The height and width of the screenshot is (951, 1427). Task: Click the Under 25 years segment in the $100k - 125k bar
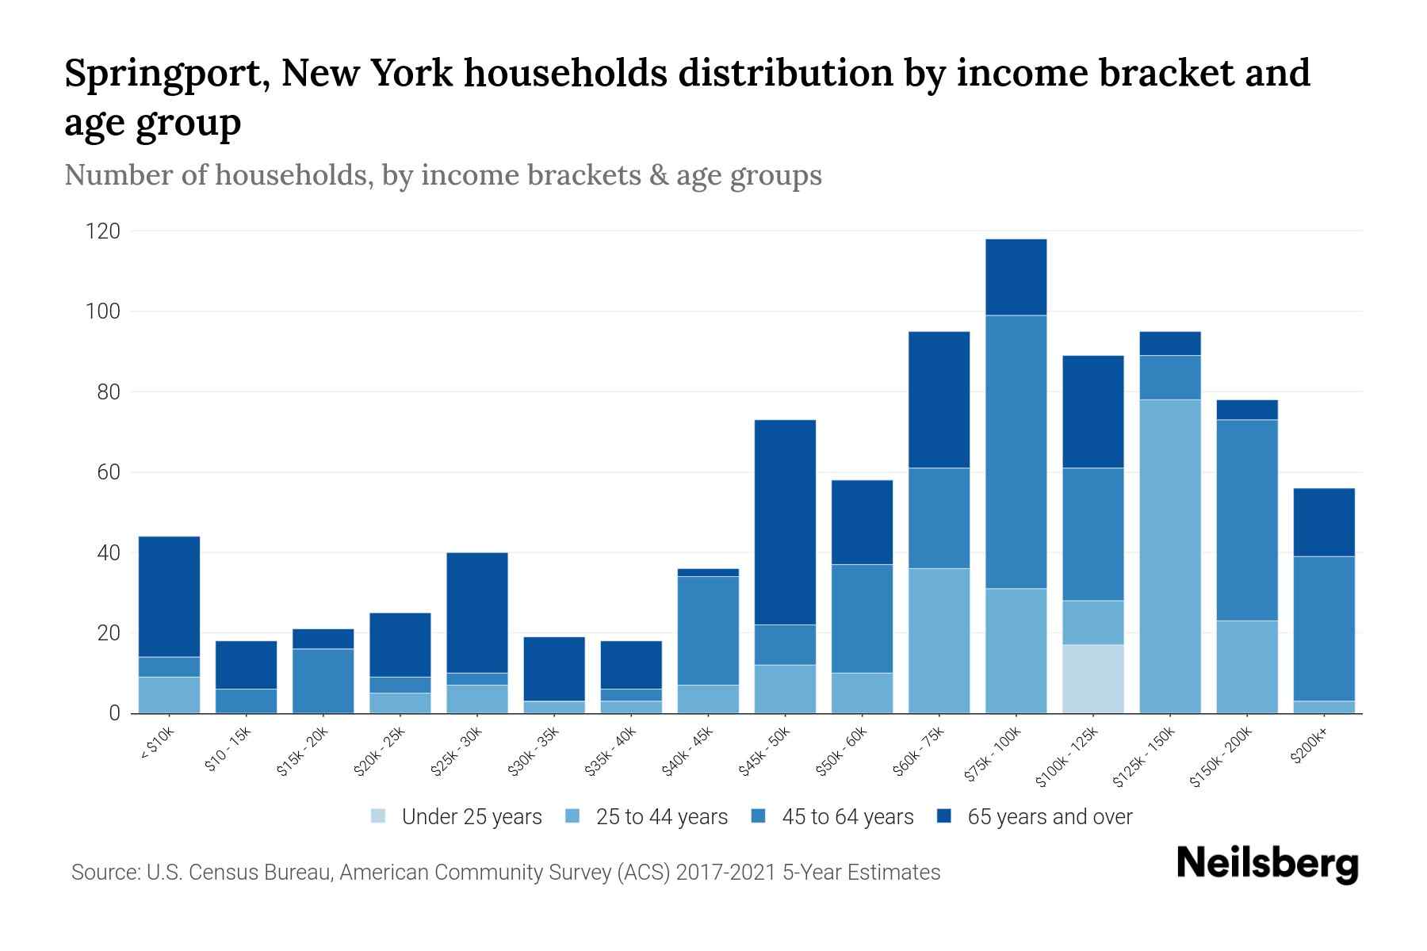1093,678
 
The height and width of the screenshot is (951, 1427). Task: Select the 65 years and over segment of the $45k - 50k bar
785,522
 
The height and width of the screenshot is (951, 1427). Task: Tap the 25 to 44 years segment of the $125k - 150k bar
1170,556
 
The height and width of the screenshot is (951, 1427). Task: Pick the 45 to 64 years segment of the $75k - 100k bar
1016,452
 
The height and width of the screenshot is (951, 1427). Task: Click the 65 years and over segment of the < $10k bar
169,597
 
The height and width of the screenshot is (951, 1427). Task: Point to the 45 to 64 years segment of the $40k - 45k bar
708,631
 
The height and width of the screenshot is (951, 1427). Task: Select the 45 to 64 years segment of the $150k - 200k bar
1247,520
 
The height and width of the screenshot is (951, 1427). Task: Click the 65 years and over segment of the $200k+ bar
1324,522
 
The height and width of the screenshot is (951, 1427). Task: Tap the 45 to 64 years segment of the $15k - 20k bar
323,681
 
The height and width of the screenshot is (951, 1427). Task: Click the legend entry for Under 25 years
457,817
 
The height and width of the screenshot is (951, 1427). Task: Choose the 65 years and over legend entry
1035,817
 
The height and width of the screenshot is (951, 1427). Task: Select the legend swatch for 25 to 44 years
573,816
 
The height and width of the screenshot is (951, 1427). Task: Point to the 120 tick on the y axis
103,231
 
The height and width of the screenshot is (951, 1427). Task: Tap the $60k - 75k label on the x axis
919,751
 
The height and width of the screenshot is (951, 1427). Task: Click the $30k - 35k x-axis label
534,751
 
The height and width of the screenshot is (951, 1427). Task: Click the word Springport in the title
165,74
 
